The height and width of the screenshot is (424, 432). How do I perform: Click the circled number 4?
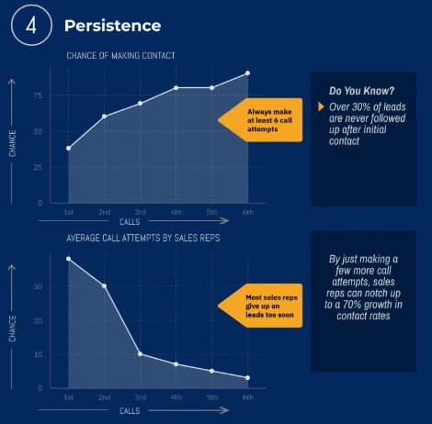point(31,26)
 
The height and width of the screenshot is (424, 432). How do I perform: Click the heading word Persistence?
point(112,26)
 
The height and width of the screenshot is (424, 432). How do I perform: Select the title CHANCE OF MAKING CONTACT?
point(120,56)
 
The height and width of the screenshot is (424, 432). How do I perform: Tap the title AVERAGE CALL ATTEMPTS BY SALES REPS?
point(143,238)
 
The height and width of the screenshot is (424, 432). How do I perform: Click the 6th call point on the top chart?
point(247,73)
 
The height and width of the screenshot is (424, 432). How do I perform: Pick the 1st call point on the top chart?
point(68,149)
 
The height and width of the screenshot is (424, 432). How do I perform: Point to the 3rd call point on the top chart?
point(140,104)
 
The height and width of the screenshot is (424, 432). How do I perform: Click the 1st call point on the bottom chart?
point(68,259)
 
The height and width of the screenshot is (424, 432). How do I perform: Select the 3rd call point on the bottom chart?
point(140,354)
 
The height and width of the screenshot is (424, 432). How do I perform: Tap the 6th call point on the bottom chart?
point(247,378)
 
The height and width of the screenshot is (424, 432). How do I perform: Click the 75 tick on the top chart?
point(38,95)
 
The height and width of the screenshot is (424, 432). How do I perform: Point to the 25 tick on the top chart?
point(38,167)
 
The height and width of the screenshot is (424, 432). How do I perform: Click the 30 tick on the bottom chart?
point(38,286)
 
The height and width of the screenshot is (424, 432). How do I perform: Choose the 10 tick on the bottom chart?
point(38,354)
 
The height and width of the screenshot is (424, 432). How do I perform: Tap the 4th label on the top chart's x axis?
point(176,212)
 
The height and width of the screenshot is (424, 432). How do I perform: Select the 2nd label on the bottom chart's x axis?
point(104,397)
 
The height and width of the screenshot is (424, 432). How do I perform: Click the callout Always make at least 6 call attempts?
point(260,120)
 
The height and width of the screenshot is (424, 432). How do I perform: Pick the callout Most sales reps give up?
point(260,306)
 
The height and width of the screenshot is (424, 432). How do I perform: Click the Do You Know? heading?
point(361,91)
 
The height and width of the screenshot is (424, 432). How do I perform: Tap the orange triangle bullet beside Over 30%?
point(321,106)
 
